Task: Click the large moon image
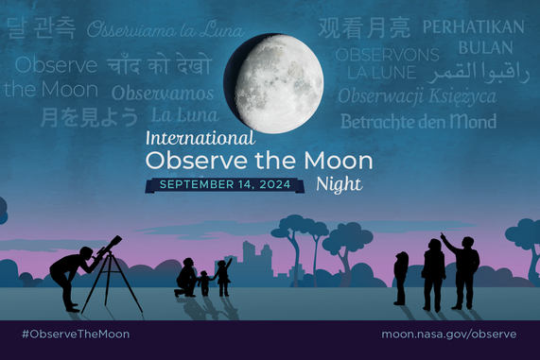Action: [273, 83]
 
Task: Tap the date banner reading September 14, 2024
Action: [224, 184]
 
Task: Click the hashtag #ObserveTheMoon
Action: [75, 334]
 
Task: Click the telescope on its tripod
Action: [110, 269]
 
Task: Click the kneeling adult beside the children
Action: [186, 278]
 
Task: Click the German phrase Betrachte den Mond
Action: [418, 121]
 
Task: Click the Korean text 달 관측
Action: [42, 29]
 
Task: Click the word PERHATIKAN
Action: [472, 26]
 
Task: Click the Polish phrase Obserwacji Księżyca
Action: [416, 95]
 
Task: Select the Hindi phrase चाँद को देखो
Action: [159, 66]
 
